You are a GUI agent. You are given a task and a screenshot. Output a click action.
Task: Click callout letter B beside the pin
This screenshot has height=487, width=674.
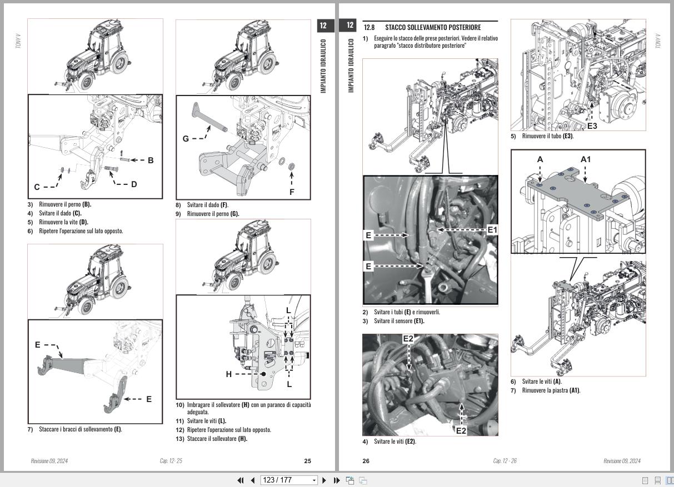click(x=151, y=160)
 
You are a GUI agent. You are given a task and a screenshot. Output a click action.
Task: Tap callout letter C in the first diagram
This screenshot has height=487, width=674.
click(x=37, y=187)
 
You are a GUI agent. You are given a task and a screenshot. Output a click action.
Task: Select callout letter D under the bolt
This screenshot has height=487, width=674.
click(x=134, y=184)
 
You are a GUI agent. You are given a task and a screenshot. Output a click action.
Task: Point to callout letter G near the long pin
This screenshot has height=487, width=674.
click(x=186, y=138)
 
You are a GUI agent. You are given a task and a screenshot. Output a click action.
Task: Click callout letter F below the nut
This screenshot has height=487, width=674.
click(x=292, y=192)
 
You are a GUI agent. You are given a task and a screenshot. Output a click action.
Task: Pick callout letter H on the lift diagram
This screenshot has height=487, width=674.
click(x=228, y=374)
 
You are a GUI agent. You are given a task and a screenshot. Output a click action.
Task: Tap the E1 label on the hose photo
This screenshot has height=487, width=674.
click(x=492, y=229)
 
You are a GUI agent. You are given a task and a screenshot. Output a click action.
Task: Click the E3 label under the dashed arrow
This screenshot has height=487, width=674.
click(x=592, y=126)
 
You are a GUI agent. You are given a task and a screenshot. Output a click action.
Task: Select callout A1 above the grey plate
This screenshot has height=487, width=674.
click(x=586, y=159)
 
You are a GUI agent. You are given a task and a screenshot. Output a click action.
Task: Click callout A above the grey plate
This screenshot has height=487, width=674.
click(x=540, y=159)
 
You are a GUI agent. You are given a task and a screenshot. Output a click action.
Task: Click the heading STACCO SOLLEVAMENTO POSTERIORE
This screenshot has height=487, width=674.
click(x=433, y=27)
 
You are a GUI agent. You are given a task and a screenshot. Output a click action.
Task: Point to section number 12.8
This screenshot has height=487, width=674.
click(x=369, y=27)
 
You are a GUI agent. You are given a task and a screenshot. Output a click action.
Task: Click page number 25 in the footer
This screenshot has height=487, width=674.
click(x=308, y=461)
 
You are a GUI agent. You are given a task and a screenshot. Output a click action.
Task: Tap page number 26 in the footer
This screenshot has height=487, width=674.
click(x=366, y=461)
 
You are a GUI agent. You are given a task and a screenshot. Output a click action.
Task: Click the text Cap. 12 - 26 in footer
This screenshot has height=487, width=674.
click(x=505, y=461)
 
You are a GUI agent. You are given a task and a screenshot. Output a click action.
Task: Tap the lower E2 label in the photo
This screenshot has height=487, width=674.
click(x=461, y=430)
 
